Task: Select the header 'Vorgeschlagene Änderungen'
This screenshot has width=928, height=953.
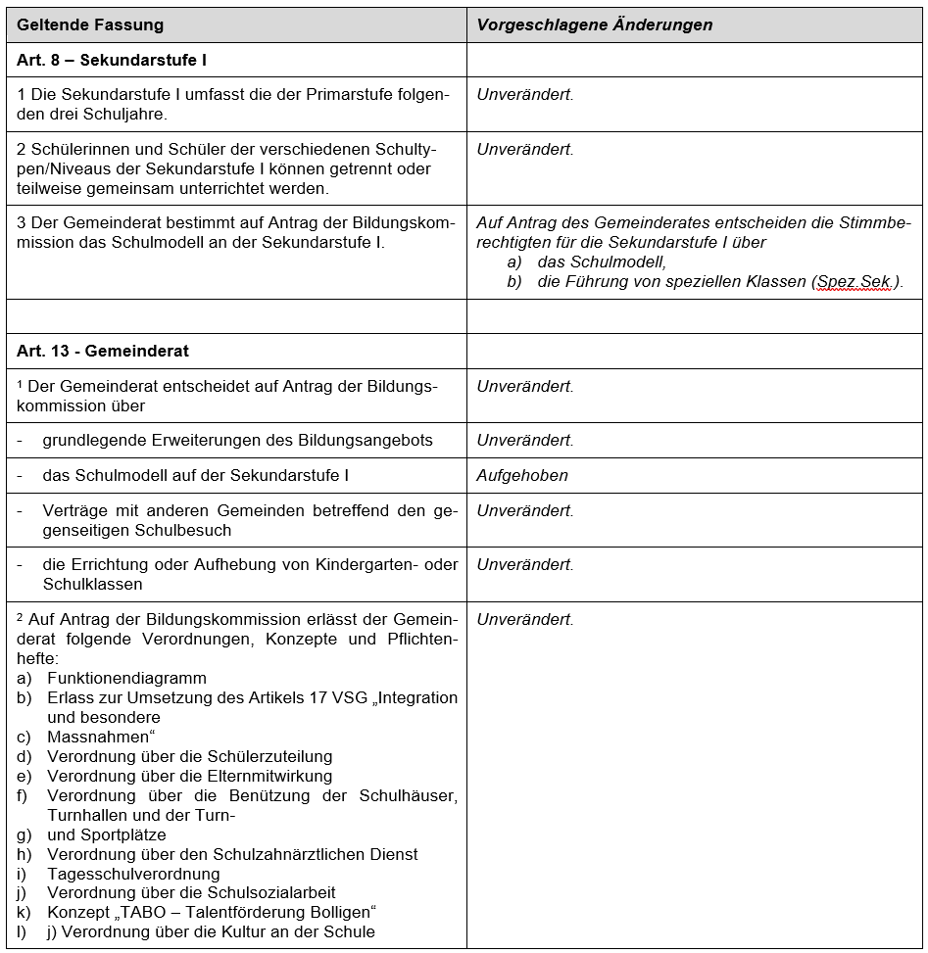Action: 595,24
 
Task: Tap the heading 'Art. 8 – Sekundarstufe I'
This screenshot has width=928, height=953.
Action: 112,60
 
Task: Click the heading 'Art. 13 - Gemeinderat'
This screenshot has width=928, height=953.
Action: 103,351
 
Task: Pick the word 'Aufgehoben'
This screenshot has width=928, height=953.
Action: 522,476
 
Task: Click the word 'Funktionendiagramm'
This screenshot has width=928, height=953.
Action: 126,678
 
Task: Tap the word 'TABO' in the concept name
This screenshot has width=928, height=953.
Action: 148,913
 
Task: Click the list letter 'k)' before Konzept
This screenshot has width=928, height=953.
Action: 24,913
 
